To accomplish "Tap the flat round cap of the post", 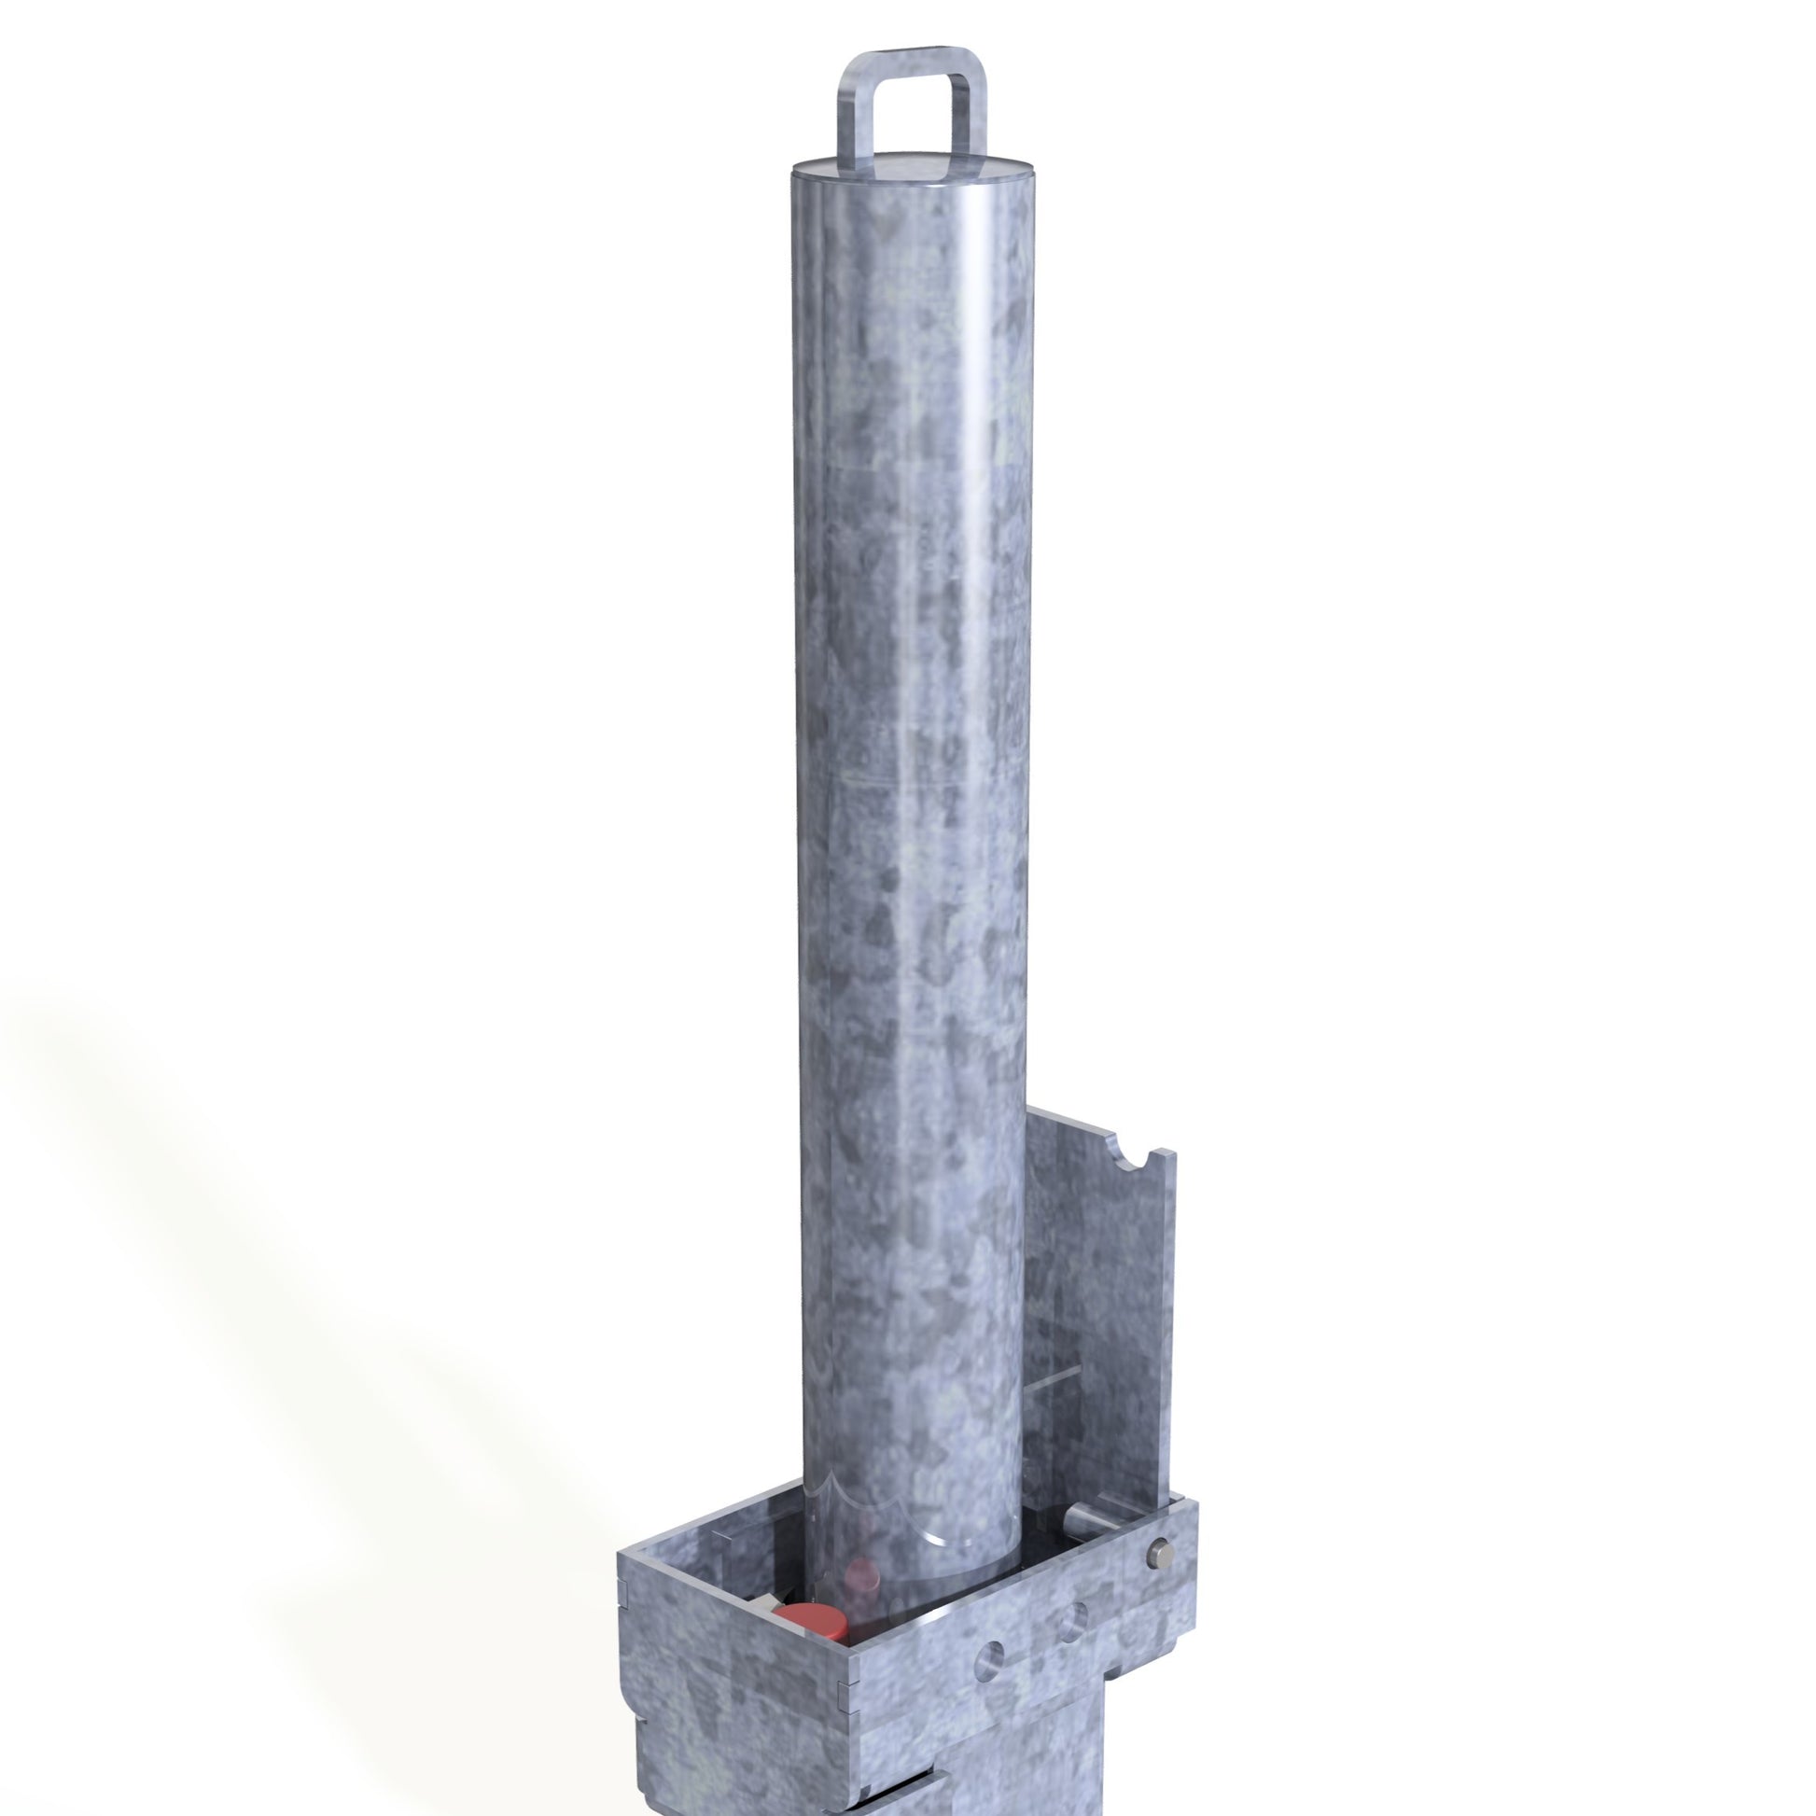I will [912, 175].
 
